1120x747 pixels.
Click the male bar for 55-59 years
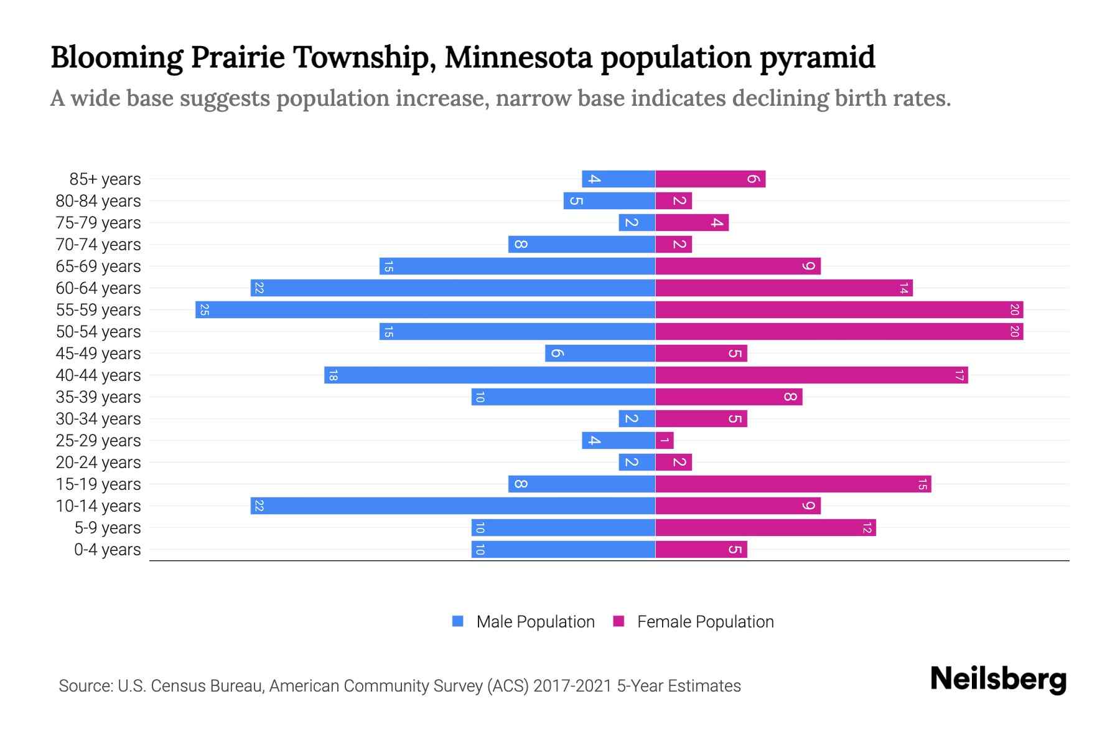tap(425, 309)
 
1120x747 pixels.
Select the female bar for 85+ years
tap(710, 179)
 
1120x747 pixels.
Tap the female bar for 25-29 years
tap(665, 441)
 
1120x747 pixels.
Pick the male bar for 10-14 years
tap(452, 506)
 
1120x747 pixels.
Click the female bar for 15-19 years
tap(793, 484)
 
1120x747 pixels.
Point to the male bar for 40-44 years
tap(489, 375)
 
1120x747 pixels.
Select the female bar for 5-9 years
tap(765, 528)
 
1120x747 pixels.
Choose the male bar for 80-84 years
tap(609, 201)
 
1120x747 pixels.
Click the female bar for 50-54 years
tap(839, 332)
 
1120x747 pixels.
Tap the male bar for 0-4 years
tap(563, 550)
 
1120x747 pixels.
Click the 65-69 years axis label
tap(98, 266)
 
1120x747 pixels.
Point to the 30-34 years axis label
tap(98, 419)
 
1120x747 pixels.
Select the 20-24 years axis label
tap(98, 463)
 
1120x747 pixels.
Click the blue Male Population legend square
tap(458, 621)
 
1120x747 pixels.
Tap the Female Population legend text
tap(705, 621)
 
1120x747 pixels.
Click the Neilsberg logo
tap(998, 679)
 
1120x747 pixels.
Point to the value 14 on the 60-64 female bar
tap(903, 288)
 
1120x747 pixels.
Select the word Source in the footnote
tap(85, 686)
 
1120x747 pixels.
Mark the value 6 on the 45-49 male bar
tap(557, 354)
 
